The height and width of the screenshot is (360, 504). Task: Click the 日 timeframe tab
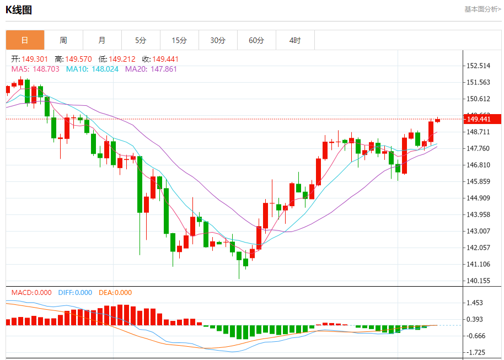click(25, 40)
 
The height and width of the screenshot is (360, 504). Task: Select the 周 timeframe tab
click(63, 40)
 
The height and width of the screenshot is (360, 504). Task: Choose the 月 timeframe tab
click(102, 40)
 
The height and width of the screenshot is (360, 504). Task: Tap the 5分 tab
click(141, 40)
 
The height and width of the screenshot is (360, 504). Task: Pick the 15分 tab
click(179, 40)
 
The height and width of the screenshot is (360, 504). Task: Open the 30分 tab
click(218, 40)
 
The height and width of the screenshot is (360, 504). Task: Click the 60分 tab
click(256, 40)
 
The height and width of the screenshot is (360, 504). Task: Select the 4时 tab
click(295, 40)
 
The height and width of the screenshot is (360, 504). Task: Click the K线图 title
click(19, 9)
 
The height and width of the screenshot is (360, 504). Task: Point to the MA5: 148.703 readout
click(35, 69)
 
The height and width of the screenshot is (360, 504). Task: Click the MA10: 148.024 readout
click(92, 69)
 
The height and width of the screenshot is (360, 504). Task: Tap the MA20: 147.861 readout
click(151, 69)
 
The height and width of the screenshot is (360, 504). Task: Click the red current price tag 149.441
click(482, 119)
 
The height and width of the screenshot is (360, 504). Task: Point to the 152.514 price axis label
click(478, 66)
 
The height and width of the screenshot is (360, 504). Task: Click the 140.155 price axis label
click(478, 281)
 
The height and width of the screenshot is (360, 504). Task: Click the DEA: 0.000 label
click(115, 293)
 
